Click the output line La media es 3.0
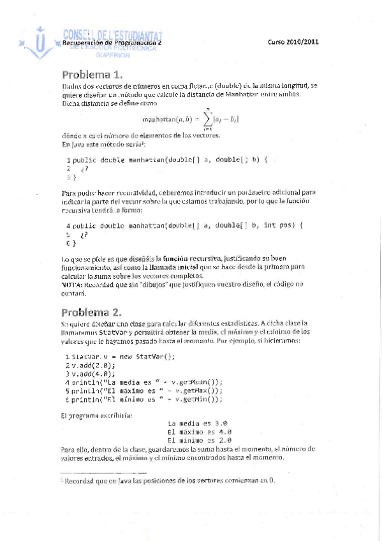(x=198, y=423)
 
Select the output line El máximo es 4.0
(x=199, y=431)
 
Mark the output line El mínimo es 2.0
(x=199, y=440)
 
